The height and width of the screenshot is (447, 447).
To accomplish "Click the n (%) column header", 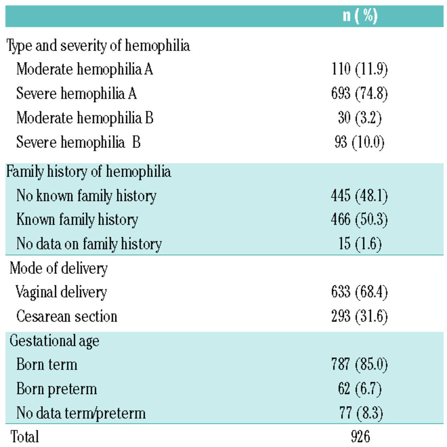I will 360,16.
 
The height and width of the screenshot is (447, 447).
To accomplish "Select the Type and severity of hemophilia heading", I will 98,46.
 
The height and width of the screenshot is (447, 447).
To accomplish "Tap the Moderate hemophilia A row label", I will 85,69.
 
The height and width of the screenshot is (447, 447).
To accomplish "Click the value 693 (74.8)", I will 359,94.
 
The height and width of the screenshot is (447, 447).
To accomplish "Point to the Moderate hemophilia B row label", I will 85,118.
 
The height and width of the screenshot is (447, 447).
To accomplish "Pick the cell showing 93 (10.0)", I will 359,142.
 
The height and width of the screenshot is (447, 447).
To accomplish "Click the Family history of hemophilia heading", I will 89,171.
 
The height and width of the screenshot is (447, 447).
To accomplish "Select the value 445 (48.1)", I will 359,196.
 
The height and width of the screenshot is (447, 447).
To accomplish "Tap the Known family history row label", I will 77,220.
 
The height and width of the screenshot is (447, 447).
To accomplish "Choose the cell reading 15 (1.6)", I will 360,244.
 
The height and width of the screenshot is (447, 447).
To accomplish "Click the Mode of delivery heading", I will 59,268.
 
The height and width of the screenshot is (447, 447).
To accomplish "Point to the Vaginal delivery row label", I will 61,292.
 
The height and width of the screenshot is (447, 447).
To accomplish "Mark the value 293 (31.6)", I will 359,316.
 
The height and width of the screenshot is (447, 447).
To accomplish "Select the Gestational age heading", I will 54,340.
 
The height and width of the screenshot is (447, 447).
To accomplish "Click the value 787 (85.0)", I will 359,365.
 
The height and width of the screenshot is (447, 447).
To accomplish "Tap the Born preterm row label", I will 57,389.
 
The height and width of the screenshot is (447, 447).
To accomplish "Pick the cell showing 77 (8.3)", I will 361,413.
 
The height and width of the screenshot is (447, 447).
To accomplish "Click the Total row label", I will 24,437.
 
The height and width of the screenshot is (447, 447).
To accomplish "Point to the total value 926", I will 360,437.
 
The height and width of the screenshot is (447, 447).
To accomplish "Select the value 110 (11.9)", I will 359,69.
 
